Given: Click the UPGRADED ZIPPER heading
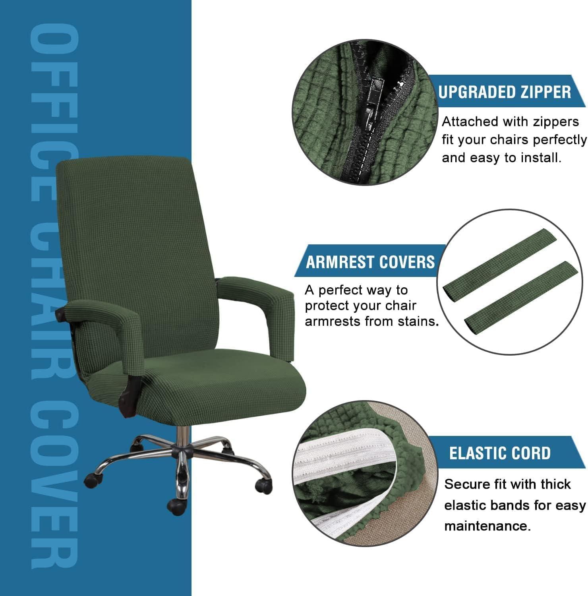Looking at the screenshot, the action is pyautogui.click(x=505, y=92).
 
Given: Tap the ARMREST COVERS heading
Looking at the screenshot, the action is pyautogui.click(x=370, y=262).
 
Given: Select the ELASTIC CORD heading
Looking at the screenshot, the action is pyautogui.click(x=500, y=453).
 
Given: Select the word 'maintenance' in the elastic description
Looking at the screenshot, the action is pyautogui.click(x=487, y=526).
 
